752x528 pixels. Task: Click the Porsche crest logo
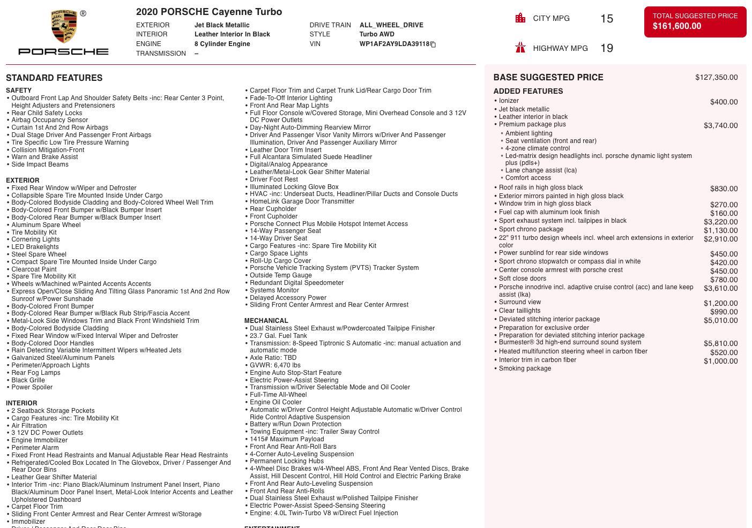(64, 27)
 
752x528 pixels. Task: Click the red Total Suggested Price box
(695, 22)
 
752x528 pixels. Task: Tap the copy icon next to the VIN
(433, 44)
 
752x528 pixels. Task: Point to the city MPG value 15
(607, 19)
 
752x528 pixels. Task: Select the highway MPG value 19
(607, 48)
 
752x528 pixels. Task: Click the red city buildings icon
(520, 18)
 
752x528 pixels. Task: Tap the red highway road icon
(520, 48)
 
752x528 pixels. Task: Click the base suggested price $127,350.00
(716, 78)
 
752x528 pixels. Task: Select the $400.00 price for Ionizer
(724, 102)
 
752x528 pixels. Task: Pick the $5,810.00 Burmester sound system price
(720, 344)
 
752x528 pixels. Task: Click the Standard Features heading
(54, 78)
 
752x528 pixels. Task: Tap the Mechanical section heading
(266, 321)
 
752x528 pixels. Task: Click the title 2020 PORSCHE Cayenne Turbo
(209, 12)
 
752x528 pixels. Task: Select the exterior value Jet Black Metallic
(221, 25)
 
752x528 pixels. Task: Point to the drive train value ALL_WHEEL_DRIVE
(391, 25)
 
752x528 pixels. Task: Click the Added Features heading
(528, 91)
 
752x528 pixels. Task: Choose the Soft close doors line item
(522, 278)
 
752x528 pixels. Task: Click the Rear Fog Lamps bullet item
(36, 373)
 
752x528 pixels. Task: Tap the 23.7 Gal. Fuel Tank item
(278, 336)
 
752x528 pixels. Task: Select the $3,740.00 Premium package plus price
(720, 125)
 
